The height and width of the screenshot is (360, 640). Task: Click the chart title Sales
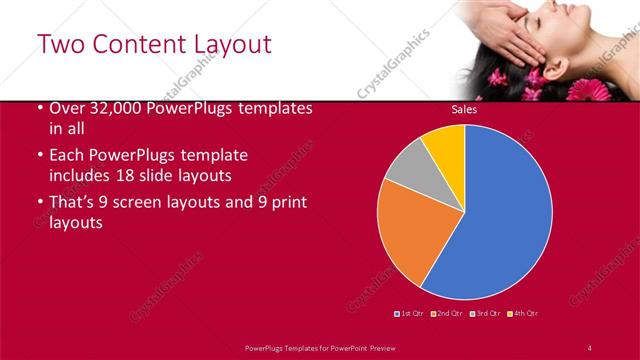point(464,109)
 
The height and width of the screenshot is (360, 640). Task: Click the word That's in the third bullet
point(72,203)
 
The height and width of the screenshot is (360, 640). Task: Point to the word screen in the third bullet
point(144,203)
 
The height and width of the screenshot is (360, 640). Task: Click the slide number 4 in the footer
point(590,347)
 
